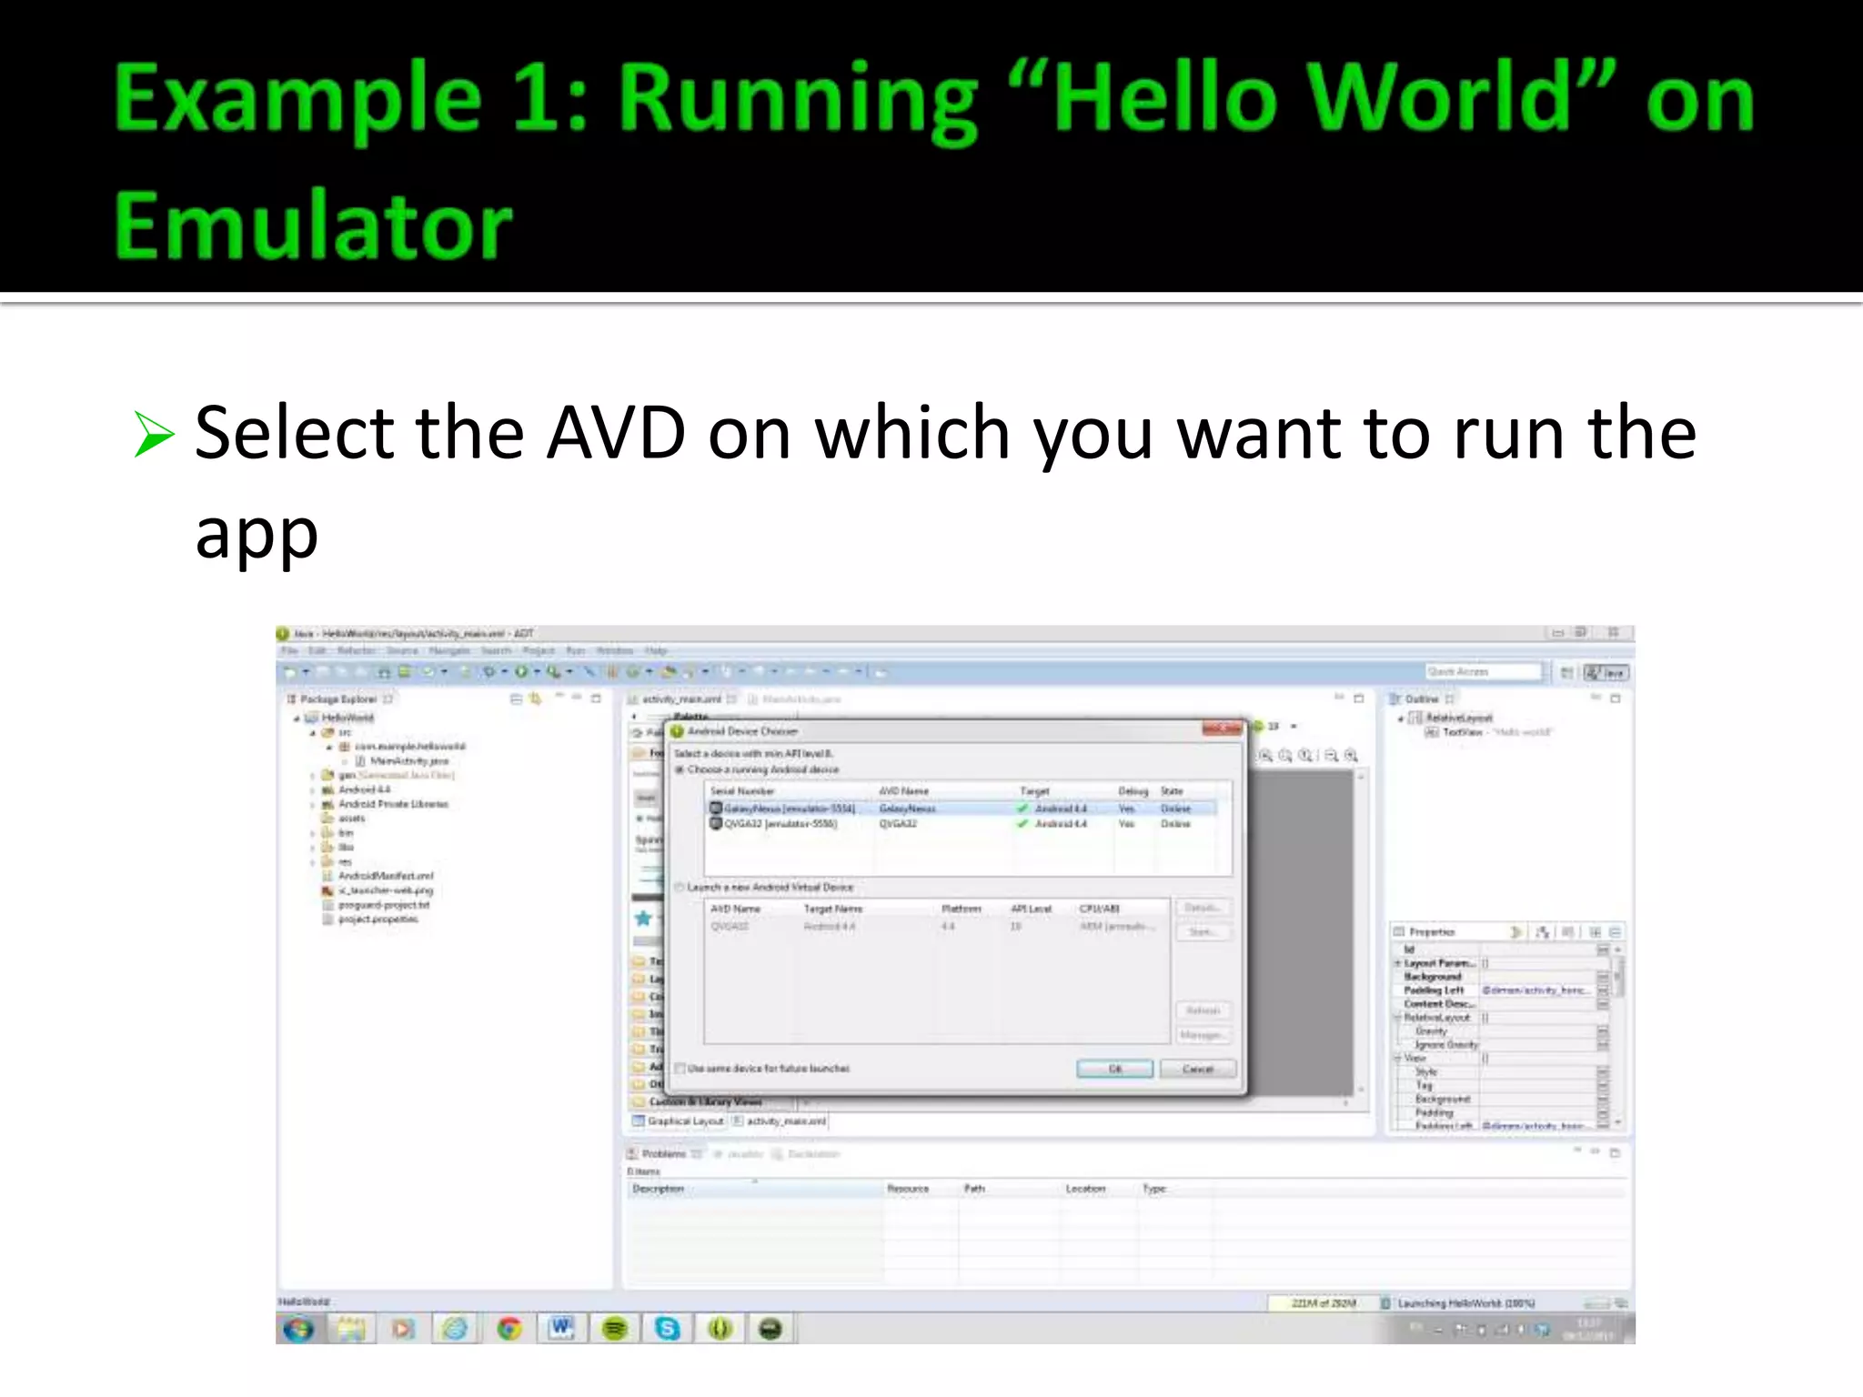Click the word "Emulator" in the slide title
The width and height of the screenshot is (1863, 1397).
[x=313, y=226]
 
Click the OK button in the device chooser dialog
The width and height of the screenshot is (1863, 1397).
[x=1114, y=1069]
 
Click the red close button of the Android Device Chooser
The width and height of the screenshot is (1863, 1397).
[x=1222, y=729]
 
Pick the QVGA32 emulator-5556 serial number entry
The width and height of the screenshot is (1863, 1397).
[x=780, y=824]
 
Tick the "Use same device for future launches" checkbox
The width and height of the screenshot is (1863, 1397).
[x=680, y=1069]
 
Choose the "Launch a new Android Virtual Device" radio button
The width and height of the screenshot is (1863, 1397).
[x=680, y=887]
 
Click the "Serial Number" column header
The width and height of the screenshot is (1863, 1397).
[x=742, y=791]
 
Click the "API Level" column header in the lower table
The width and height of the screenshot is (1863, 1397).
[x=1031, y=909]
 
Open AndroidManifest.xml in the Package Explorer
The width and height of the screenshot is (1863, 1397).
[x=386, y=876]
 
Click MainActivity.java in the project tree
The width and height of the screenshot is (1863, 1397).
[x=408, y=760]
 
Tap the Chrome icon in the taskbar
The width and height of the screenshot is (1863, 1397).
[x=509, y=1329]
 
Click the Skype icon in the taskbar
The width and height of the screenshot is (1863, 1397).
[x=667, y=1329]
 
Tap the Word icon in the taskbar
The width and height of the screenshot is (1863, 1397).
[x=561, y=1329]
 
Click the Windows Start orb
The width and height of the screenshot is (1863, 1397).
[x=298, y=1329]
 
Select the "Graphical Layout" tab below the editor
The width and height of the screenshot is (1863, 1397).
[x=684, y=1121]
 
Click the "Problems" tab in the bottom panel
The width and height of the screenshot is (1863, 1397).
[x=663, y=1154]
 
